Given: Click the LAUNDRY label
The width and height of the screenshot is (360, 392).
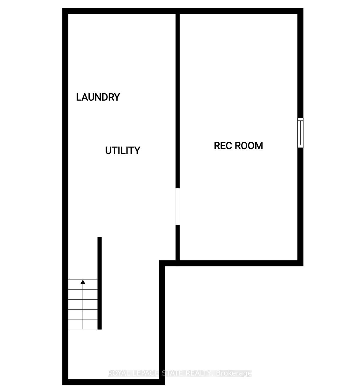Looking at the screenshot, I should [x=98, y=97].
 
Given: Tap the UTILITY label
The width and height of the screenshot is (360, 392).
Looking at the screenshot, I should [x=122, y=150].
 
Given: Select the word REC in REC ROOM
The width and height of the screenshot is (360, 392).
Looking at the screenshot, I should [x=222, y=146].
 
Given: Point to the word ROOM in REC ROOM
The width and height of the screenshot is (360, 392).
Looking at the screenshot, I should [x=249, y=146].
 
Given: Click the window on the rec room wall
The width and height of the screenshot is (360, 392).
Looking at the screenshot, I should [x=300, y=133].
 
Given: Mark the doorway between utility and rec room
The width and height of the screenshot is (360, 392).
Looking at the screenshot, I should [x=178, y=206].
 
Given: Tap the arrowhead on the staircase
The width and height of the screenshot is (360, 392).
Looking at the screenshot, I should [x=83, y=282].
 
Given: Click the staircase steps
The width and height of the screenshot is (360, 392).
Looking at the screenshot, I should [x=83, y=304].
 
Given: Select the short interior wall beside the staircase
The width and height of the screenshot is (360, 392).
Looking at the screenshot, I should [x=100, y=283].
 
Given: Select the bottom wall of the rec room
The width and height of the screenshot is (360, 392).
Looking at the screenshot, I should [x=240, y=263].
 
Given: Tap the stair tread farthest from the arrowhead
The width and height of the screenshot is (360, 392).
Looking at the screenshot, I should [x=83, y=324].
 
